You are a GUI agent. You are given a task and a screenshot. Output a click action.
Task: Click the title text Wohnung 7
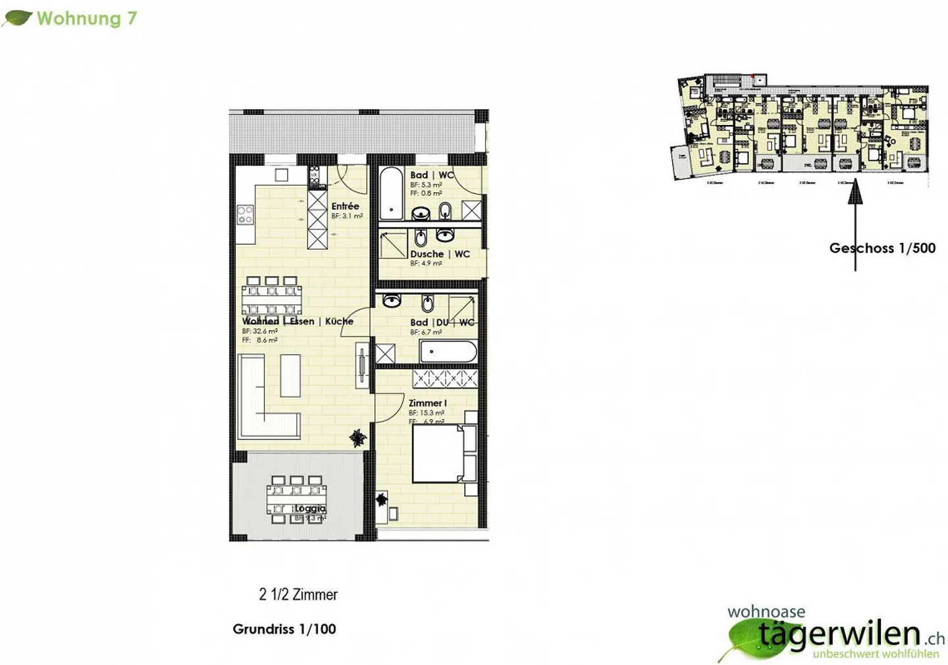click(x=86, y=18)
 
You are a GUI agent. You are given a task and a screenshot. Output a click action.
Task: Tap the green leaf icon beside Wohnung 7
click(x=17, y=18)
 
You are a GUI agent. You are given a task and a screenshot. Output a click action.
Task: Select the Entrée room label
click(x=345, y=206)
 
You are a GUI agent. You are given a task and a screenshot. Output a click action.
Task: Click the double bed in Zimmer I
click(x=437, y=454)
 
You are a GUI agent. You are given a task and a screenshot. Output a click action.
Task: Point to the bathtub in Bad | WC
click(x=391, y=193)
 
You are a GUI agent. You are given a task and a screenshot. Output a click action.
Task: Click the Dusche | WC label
click(x=440, y=254)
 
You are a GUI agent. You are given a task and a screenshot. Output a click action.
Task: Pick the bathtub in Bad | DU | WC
click(x=448, y=352)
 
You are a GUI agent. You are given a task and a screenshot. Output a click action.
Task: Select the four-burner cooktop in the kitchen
click(x=246, y=214)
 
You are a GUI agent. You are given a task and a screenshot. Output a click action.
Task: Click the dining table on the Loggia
click(x=297, y=500)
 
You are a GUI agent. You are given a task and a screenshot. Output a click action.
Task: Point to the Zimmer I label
click(x=427, y=403)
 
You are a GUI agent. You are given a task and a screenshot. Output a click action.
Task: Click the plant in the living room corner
click(x=357, y=438)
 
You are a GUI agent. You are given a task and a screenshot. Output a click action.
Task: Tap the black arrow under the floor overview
click(x=855, y=224)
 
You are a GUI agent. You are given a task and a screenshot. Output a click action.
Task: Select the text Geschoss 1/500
click(x=882, y=248)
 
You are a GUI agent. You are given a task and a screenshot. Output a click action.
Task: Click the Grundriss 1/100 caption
click(x=284, y=629)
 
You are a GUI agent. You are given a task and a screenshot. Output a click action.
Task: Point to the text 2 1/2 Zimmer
click(x=298, y=595)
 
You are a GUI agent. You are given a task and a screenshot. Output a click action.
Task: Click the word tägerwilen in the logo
click(x=839, y=633)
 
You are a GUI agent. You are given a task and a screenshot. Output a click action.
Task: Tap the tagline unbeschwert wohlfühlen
click(x=876, y=654)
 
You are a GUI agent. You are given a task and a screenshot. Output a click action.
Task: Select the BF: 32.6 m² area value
click(x=259, y=332)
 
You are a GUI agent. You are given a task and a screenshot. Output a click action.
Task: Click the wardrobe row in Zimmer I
click(x=445, y=378)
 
